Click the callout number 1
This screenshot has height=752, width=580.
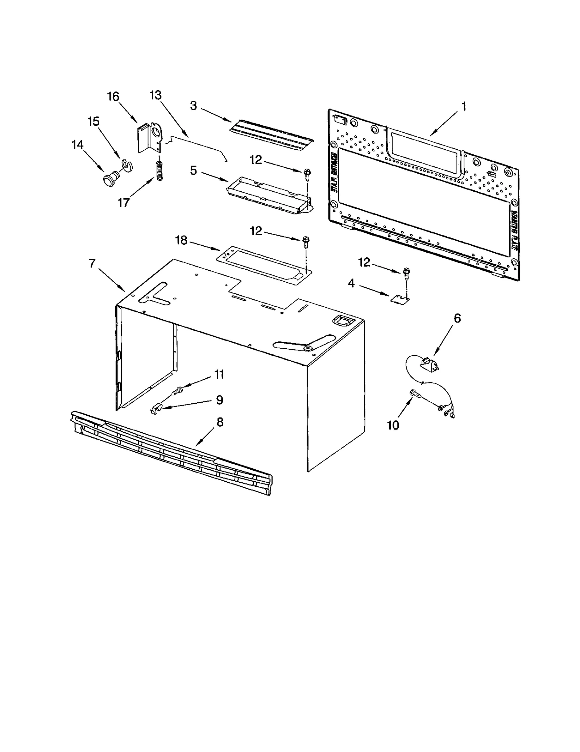coord(463,107)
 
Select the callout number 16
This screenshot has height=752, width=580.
coord(113,96)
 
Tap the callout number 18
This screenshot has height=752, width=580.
coord(181,240)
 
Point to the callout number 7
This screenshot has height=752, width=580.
coord(92,263)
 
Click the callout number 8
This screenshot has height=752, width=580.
coord(220,422)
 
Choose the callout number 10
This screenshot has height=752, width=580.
coord(393,425)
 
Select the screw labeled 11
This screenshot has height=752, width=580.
coord(177,391)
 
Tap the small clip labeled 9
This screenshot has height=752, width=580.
coord(155,410)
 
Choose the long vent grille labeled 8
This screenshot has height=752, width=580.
coord(170,453)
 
